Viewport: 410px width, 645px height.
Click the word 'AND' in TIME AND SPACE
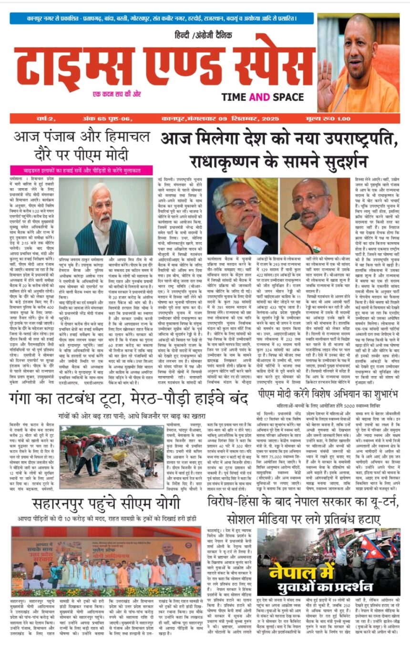259,97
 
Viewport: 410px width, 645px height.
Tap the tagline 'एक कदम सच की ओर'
116,94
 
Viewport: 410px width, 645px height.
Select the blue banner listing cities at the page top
162,19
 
